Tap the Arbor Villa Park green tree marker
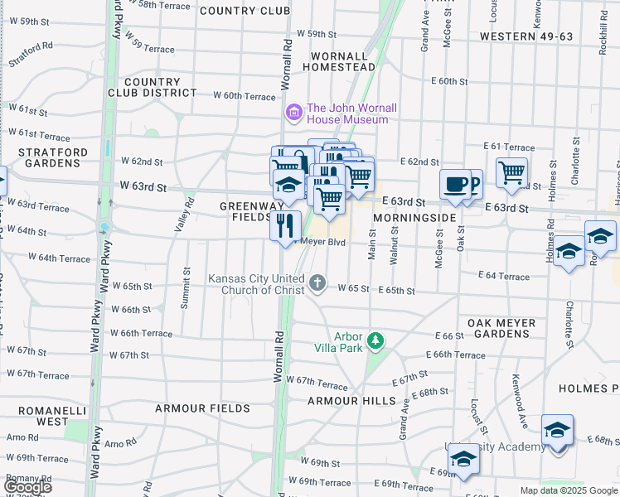375,340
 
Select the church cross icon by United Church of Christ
317,284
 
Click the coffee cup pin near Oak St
454,185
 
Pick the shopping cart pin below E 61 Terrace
511,173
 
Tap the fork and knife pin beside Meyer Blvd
285,226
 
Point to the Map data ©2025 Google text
569,490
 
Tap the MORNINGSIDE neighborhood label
414,217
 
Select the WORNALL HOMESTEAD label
338,61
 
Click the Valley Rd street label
185,218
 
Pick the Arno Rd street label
120,444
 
